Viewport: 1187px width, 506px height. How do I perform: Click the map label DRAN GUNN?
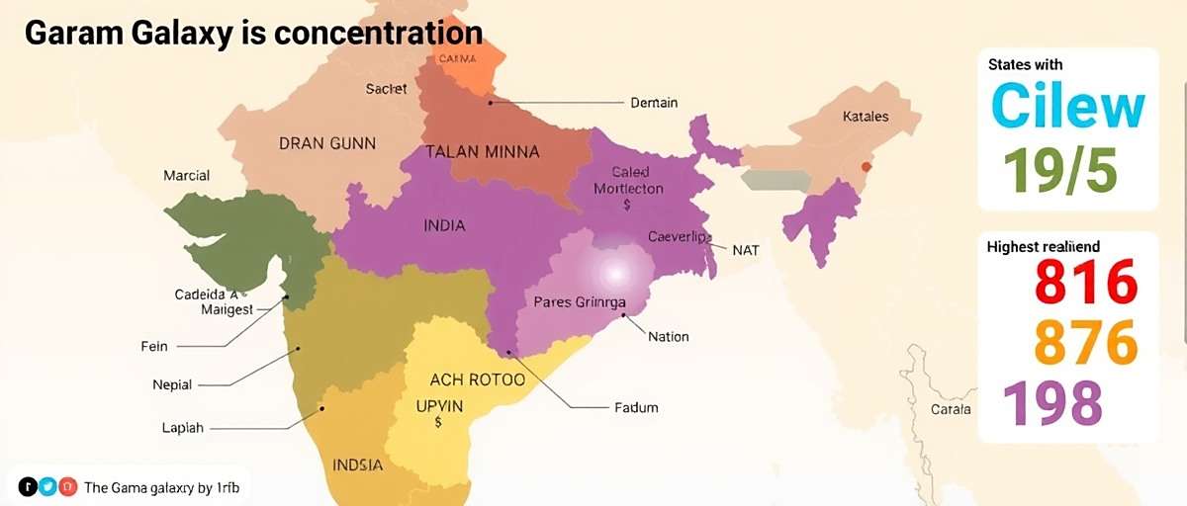[327, 143]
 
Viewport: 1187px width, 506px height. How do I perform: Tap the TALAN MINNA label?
[483, 152]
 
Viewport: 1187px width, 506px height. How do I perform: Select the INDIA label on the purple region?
[444, 225]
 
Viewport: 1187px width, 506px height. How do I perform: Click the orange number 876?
[1086, 343]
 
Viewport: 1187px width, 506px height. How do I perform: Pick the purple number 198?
[1052, 403]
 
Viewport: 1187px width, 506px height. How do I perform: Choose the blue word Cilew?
[1067, 107]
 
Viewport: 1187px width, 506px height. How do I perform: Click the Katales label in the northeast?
[865, 117]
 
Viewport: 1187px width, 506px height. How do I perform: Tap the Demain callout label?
[654, 102]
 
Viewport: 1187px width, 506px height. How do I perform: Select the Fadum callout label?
[636, 407]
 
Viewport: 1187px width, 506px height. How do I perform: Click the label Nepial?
[172, 384]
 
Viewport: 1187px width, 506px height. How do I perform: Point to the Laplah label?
[182, 428]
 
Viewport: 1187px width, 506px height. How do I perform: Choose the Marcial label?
[186, 176]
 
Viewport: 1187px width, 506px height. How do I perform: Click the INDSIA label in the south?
[358, 464]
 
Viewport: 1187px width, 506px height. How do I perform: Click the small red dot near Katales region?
[867, 166]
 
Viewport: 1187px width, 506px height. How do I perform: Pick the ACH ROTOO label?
[477, 379]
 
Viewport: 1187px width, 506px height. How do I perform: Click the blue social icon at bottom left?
[47, 486]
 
